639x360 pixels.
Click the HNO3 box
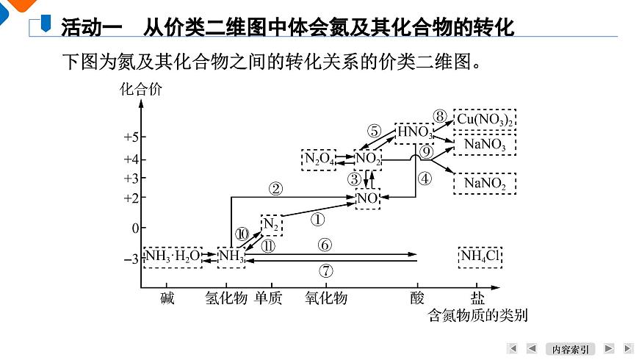click(414, 133)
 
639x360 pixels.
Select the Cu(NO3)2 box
click(485, 120)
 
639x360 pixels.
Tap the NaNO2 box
click(485, 184)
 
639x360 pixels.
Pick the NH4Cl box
click(480, 257)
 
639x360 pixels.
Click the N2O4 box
click(319, 159)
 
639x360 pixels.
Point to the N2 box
click(272, 225)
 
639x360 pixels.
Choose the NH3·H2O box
click(173, 257)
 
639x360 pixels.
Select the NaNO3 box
click(485, 144)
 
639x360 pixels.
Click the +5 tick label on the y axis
click(131, 137)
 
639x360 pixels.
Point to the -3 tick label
click(131, 259)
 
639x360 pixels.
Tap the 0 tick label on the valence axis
click(135, 228)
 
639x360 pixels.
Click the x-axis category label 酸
click(417, 298)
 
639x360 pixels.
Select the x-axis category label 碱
click(167, 298)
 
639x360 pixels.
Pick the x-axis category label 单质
click(268, 298)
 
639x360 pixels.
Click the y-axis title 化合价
click(140, 89)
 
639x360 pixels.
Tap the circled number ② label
click(276, 189)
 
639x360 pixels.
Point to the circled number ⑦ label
click(325, 270)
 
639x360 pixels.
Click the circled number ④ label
click(425, 179)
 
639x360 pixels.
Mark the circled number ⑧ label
click(440, 116)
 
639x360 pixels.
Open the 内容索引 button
click(570, 349)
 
